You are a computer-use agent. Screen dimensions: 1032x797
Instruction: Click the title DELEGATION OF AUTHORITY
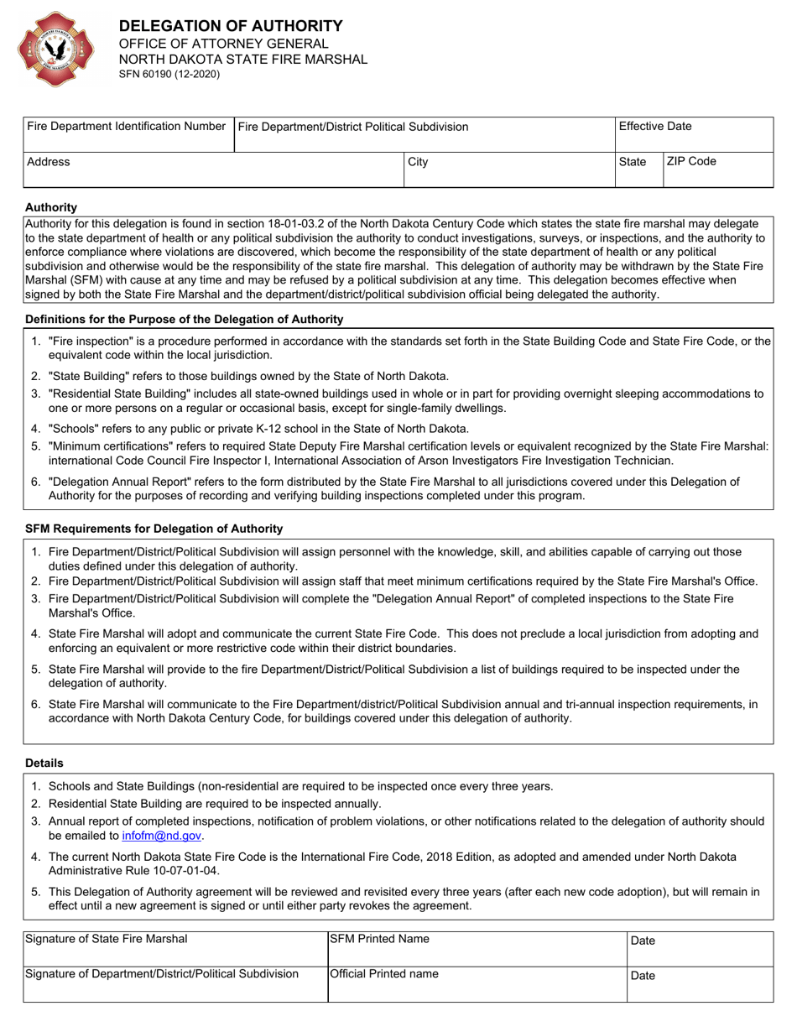pos(231,26)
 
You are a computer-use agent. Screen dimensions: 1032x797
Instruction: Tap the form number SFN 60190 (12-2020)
pos(169,74)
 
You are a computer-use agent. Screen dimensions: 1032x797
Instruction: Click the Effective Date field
pos(693,135)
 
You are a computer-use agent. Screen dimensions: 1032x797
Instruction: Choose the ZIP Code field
pos(717,169)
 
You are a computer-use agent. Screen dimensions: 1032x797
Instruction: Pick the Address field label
pos(49,162)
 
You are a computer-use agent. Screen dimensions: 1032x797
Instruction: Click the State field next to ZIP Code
pos(638,169)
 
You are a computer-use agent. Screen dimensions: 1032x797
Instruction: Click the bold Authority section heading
pos(51,206)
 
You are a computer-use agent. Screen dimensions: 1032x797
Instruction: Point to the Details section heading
pos(44,763)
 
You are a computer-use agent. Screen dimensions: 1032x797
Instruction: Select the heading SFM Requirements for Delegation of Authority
pos(154,529)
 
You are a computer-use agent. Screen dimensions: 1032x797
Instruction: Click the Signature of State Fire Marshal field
pos(175,948)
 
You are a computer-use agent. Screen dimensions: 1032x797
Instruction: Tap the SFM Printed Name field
pos(477,948)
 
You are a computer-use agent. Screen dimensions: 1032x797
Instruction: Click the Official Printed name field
pos(477,983)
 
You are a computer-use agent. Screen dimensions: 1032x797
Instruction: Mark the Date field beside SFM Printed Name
pos(700,948)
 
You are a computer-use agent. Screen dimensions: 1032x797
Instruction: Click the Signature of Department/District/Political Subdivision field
pos(175,983)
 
